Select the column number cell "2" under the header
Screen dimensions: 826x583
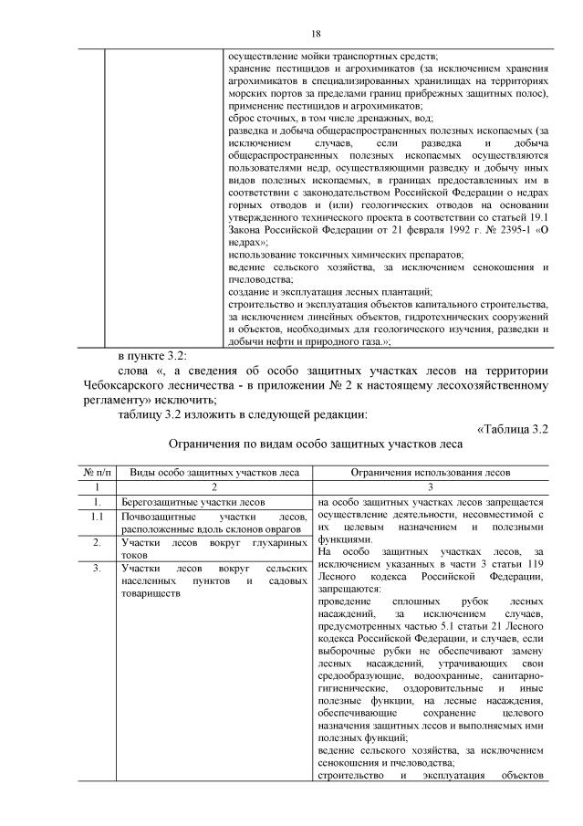[213, 487]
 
